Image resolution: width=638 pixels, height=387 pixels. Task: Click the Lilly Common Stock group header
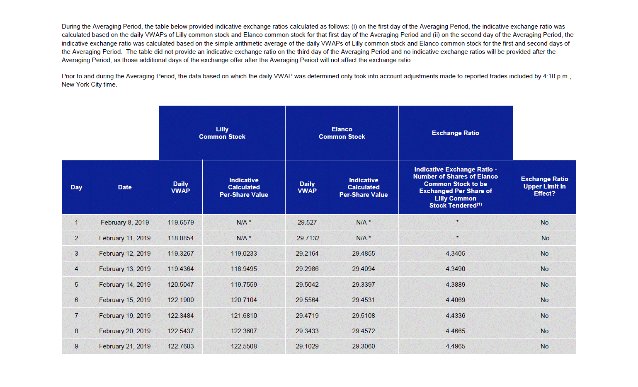[x=222, y=133]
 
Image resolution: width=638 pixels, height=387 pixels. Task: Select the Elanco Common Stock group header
[x=342, y=133]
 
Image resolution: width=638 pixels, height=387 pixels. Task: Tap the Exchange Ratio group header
[x=455, y=133]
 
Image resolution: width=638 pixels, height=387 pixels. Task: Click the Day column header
[x=76, y=187]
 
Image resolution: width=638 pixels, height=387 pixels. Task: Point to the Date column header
[x=125, y=187]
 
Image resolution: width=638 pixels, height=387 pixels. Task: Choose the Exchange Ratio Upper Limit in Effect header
[x=544, y=186]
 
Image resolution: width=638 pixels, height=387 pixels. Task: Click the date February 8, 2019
[x=125, y=223]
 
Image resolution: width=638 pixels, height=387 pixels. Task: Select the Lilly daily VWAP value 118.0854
[x=181, y=238]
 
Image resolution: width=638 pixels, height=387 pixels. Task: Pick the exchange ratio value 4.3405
[x=455, y=254]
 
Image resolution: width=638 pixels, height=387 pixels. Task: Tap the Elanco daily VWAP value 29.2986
[x=307, y=269]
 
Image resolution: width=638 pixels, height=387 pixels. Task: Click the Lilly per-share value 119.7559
[x=244, y=285]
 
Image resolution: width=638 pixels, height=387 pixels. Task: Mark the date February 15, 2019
[x=125, y=300]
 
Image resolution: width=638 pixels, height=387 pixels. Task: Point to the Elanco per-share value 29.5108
[x=364, y=316]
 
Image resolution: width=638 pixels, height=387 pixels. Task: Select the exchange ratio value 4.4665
[x=455, y=331]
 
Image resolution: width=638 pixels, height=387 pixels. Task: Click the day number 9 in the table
[x=76, y=346]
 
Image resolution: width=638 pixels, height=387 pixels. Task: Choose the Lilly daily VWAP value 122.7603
[x=181, y=346]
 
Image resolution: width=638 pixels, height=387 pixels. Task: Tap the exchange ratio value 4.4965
[x=455, y=346]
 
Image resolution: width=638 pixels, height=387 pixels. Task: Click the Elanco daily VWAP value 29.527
[x=307, y=223]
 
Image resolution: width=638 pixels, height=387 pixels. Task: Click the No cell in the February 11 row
[x=545, y=238]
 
